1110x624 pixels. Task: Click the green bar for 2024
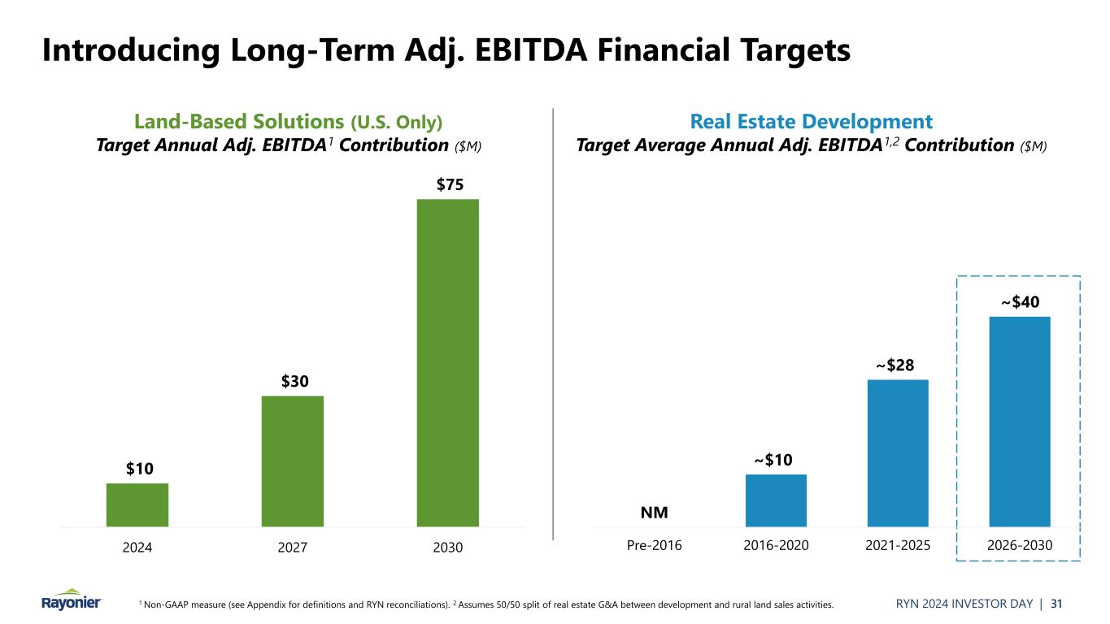[x=137, y=505]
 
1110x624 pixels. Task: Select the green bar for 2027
[x=293, y=461]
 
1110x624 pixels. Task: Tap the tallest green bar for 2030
[x=448, y=362]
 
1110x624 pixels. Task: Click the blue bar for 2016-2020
[x=776, y=500]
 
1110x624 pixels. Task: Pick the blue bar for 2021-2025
[x=898, y=453]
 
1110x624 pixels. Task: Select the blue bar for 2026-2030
[x=1020, y=421]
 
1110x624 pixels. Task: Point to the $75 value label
[x=450, y=184]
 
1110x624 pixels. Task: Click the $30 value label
[x=294, y=381]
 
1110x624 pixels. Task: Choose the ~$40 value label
[x=1020, y=302]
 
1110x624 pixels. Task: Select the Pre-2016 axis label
[x=654, y=546]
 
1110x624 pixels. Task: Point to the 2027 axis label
[x=293, y=548]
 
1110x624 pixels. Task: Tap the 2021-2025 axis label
[x=898, y=546]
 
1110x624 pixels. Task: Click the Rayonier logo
[x=72, y=600]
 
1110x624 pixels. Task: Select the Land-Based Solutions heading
[x=241, y=123]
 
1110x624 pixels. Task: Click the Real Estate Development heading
[x=811, y=123]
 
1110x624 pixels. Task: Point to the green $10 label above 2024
[x=139, y=469]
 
